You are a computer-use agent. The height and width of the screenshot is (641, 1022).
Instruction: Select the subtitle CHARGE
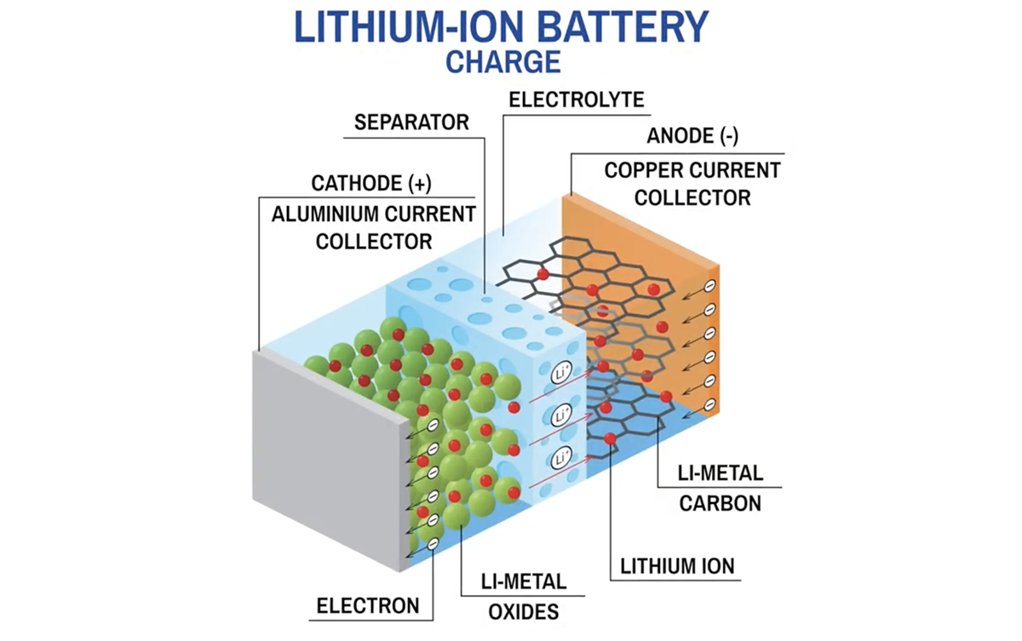pyautogui.click(x=503, y=62)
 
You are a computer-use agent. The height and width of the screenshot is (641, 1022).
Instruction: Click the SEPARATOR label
pyautogui.click(x=413, y=123)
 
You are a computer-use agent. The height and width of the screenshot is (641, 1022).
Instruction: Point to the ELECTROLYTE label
pyautogui.click(x=577, y=100)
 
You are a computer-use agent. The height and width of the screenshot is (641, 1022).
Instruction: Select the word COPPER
pyautogui.click(x=645, y=170)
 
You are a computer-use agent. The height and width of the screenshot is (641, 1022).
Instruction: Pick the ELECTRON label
pyautogui.click(x=368, y=606)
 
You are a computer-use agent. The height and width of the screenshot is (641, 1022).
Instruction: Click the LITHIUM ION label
pyautogui.click(x=677, y=565)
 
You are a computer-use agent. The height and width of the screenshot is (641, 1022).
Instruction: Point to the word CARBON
pyautogui.click(x=720, y=503)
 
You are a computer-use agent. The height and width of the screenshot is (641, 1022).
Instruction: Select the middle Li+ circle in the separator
pyautogui.click(x=561, y=416)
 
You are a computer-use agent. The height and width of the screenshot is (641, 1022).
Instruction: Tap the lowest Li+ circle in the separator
pyautogui.click(x=562, y=460)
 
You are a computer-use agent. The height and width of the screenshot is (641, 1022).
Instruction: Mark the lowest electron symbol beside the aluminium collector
pyautogui.click(x=433, y=543)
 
